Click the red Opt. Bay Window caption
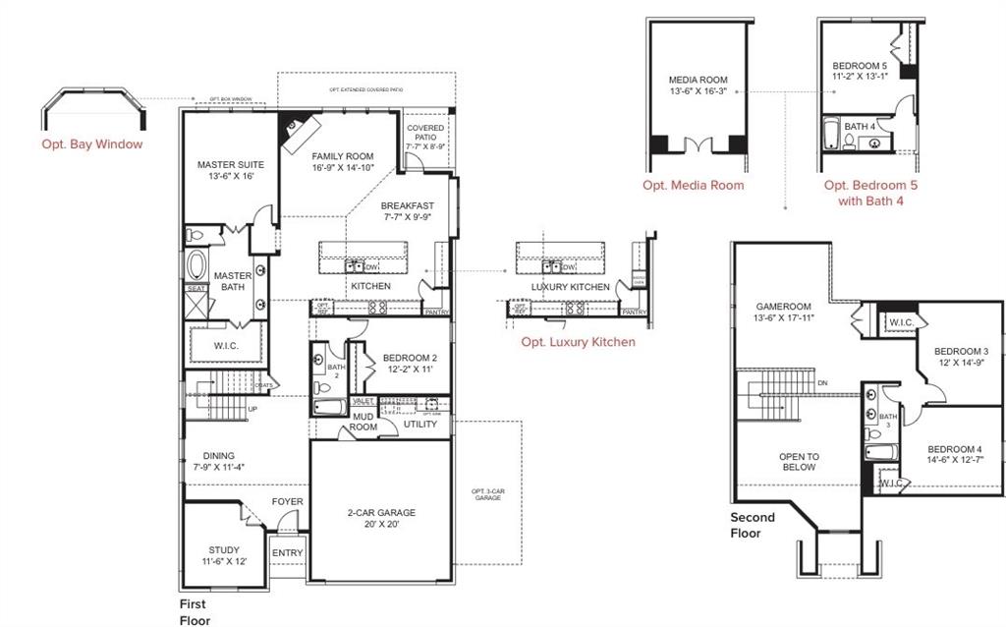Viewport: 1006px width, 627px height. coord(91,144)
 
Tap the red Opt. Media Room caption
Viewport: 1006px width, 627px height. coord(694,185)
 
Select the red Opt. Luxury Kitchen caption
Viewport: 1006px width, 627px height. coord(578,342)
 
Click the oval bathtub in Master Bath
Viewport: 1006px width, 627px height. coord(197,266)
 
